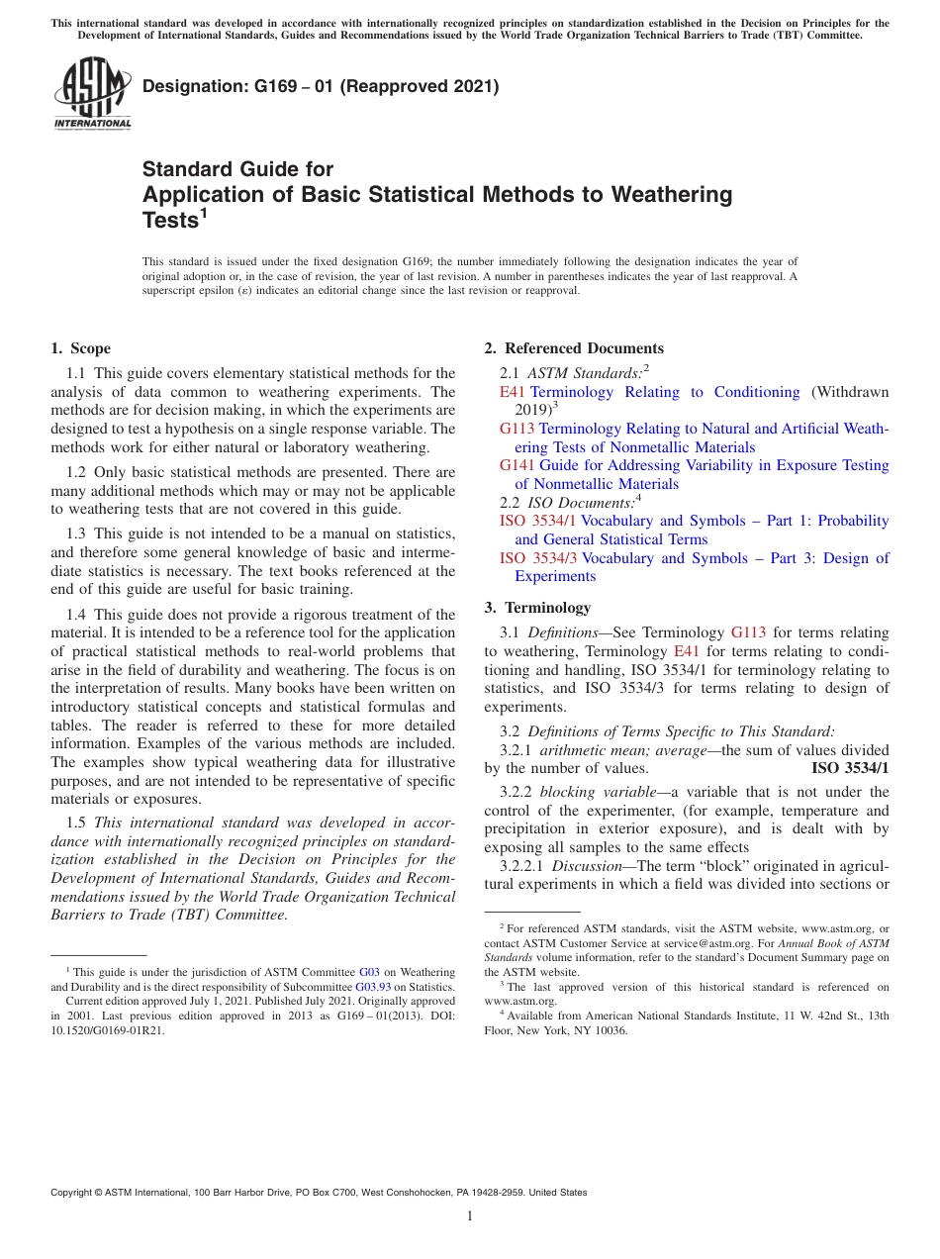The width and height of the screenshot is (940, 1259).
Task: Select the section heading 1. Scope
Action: (x=80, y=348)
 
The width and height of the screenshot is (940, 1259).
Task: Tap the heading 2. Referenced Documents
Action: (x=574, y=348)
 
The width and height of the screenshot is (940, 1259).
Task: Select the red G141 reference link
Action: (x=517, y=465)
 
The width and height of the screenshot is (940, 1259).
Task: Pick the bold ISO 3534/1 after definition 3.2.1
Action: (x=850, y=768)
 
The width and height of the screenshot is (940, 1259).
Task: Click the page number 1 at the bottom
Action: (x=470, y=1216)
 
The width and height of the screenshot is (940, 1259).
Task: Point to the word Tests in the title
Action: (x=169, y=221)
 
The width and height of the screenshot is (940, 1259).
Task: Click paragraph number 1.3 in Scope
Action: (x=76, y=533)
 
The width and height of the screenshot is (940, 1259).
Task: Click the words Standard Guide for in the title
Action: (x=237, y=169)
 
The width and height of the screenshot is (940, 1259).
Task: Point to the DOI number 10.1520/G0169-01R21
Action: (x=108, y=1030)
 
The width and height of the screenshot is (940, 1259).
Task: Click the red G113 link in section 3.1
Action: (x=748, y=632)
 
